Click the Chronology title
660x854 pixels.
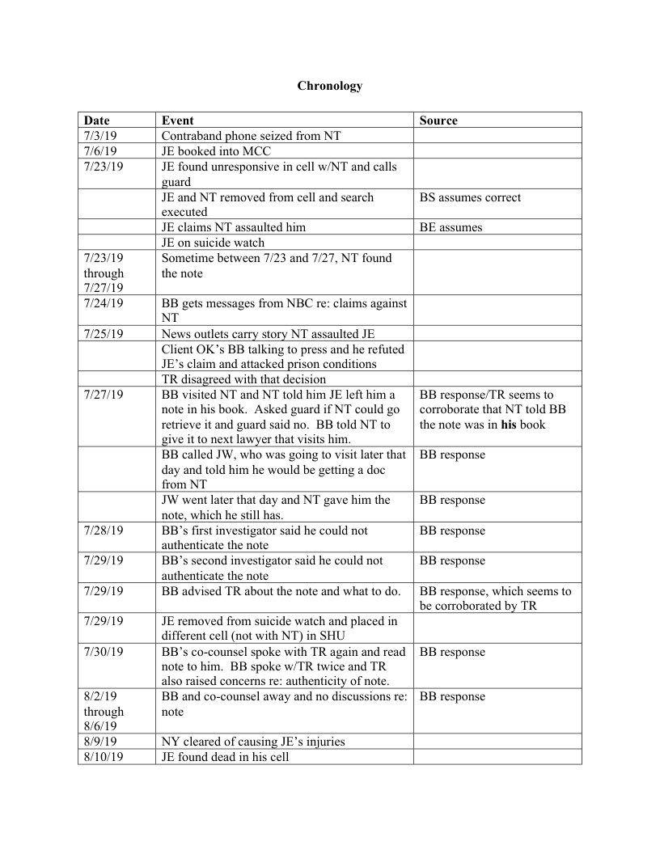coord(329,86)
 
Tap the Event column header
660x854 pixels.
coord(177,120)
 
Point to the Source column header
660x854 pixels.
coord(438,120)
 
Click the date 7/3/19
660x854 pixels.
coord(100,136)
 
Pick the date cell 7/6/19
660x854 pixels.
coord(100,151)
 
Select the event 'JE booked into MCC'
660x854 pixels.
coord(216,151)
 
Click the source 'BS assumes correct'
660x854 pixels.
coord(470,197)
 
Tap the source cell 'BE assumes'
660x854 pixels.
coord(451,227)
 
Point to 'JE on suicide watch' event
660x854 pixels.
coord(213,243)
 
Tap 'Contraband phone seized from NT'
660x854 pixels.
coord(251,136)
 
